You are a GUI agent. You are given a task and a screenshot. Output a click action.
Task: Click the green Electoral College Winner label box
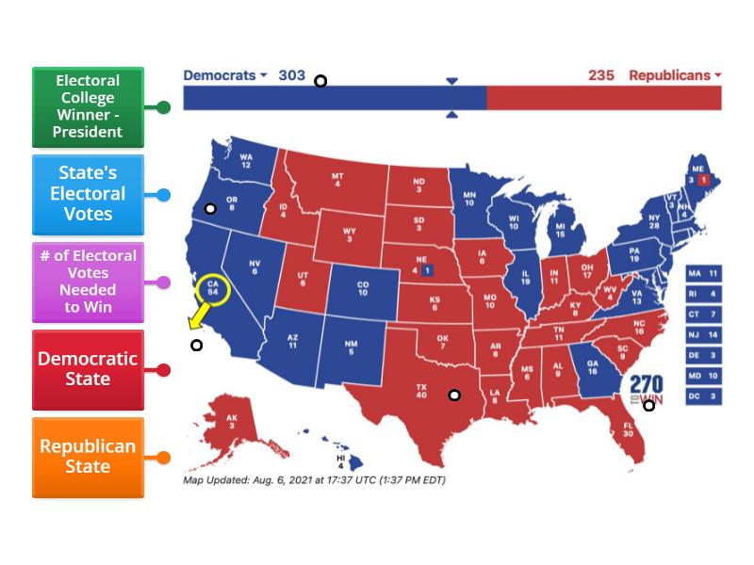pos(88,106)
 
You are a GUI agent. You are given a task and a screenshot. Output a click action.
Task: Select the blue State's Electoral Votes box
pos(88,195)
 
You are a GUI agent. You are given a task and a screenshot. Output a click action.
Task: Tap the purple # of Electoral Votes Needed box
pos(88,282)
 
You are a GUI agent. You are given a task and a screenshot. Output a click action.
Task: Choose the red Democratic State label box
pos(88,369)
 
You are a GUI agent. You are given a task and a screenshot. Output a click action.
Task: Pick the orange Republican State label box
pos(88,457)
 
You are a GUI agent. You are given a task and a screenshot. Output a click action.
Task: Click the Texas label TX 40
pos(423,390)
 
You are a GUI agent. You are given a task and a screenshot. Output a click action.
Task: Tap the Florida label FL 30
pos(627,428)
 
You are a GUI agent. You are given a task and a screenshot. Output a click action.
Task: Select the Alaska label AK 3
pos(233,422)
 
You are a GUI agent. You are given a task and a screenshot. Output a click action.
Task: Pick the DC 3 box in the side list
pos(703,397)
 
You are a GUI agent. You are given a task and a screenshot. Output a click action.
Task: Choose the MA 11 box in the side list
pos(703,273)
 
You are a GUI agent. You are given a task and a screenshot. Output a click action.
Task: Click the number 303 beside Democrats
pos(292,75)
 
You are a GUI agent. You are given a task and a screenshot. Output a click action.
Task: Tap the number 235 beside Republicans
pos(601,75)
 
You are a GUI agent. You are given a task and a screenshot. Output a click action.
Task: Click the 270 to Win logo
pos(647,389)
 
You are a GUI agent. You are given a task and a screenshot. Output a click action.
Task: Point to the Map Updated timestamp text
pos(314,480)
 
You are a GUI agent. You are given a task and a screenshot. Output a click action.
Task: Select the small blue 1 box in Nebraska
pos(427,270)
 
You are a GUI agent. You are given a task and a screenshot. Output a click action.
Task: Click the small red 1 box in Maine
pos(703,179)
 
